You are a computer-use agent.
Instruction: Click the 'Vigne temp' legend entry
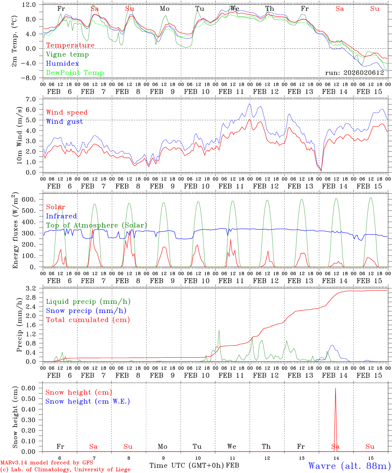[67, 55]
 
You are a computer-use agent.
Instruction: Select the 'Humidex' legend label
[62, 64]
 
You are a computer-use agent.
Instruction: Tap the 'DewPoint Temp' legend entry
[75, 73]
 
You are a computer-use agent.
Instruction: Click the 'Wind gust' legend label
[64, 122]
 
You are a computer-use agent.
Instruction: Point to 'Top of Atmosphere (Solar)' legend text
[97, 225]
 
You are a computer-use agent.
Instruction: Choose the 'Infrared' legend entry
[61, 216]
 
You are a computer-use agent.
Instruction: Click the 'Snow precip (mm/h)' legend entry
[86, 311]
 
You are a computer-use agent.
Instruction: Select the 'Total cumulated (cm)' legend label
[88, 320]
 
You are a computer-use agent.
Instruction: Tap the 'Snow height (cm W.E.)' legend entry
[88, 401]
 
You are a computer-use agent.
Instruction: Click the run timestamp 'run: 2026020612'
[355, 73]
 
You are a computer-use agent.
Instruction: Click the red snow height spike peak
[335, 388]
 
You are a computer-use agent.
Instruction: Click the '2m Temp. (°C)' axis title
[14, 41]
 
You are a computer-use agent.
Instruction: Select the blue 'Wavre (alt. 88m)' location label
[350, 466]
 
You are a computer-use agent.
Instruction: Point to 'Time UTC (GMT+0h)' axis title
[187, 465]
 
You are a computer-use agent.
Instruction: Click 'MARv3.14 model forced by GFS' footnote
[47, 462]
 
